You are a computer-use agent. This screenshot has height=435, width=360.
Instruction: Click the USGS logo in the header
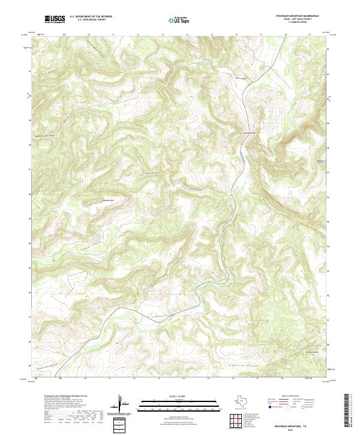pyautogui.click(x=55, y=20)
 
